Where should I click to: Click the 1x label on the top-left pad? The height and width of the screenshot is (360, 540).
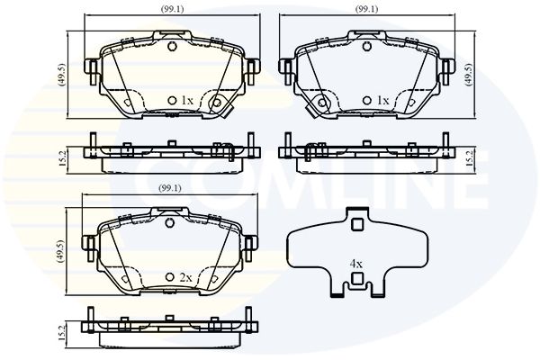pos(187,101)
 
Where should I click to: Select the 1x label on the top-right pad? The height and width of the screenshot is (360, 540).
pos(382,101)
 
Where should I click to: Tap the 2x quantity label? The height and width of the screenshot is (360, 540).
pos(185,277)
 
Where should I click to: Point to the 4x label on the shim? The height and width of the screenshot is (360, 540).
pos(356,265)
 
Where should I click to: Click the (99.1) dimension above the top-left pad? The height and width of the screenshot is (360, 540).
pos(172,9)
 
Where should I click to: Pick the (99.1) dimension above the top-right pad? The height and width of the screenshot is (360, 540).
pos(367,9)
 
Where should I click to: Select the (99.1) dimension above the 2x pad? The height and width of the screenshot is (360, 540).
pos(170,188)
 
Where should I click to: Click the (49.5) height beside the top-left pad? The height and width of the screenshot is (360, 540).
pos(62,75)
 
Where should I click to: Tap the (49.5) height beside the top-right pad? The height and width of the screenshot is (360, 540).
pos(468,75)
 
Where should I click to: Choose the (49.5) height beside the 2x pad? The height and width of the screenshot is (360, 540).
pos(60,251)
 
